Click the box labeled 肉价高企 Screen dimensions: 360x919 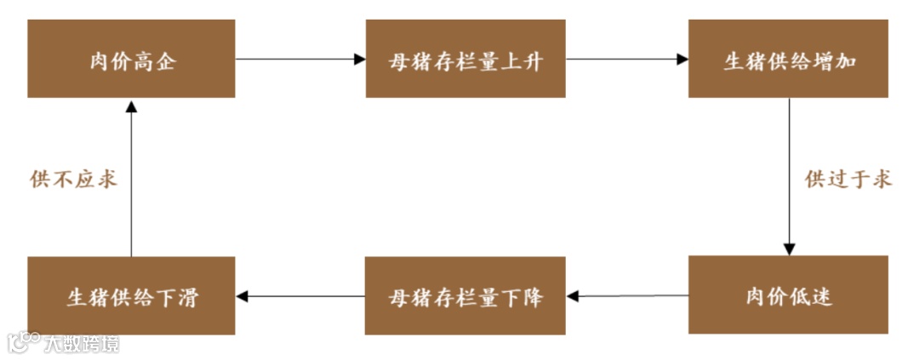click(131, 59)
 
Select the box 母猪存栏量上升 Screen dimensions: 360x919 click(465, 59)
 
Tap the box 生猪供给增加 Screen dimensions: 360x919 click(788, 59)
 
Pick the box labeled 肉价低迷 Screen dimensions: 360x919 click(788, 294)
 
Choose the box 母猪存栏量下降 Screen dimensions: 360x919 click(465, 295)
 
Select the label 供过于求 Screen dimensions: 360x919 click(848, 180)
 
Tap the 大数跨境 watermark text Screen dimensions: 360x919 click(82, 343)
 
